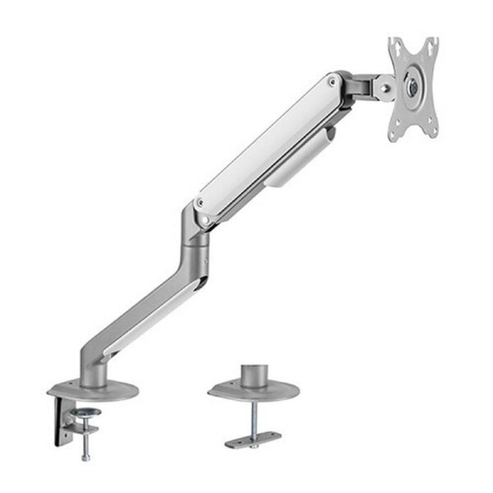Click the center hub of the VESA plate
pyautogui.click(x=412, y=87)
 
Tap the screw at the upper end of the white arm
pyautogui.click(x=331, y=81)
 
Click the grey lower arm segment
pyautogui.click(x=140, y=304)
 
